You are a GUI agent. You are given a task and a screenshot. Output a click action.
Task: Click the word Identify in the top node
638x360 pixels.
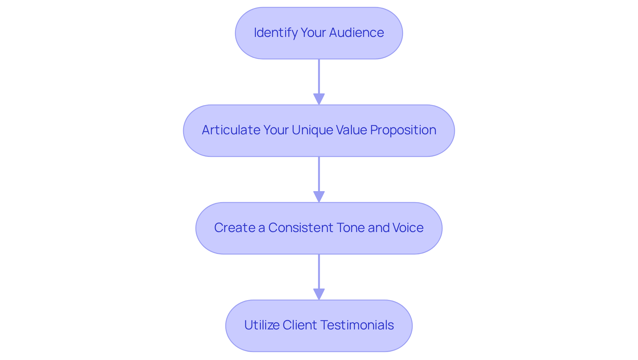pos(276,33)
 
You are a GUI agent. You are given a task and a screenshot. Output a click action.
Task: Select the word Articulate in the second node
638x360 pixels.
pos(231,130)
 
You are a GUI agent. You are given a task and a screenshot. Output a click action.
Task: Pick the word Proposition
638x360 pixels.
pos(403,130)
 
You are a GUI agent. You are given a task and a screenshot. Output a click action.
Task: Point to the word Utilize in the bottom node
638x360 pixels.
pos(262,325)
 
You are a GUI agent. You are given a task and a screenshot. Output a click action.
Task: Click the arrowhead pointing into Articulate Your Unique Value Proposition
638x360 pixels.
pos(319,99)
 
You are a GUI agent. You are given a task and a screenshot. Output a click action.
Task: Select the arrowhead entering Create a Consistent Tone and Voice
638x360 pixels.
pos(319,197)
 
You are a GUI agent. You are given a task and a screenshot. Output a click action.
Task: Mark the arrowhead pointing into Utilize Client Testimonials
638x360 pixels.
pos(319,294)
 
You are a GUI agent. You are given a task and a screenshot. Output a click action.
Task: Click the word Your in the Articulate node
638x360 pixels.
pos(276,130)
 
